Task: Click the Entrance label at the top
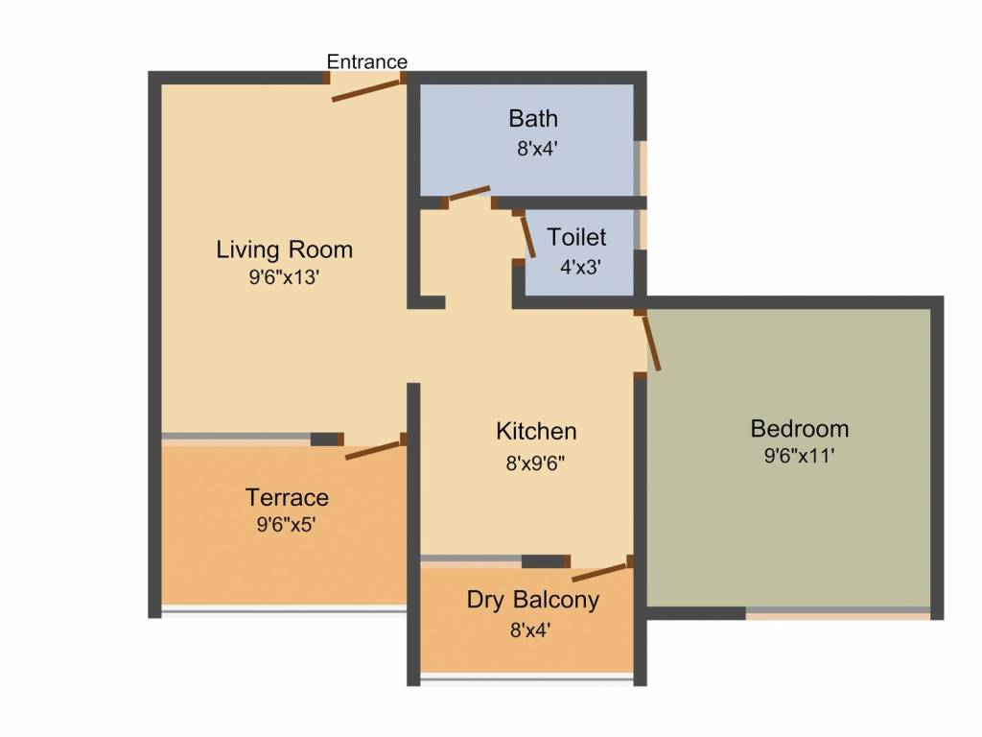[x=366, y=61]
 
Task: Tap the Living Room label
[x=284, y=250]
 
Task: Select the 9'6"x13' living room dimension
[x=284, y=277]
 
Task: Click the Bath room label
[x=532, y=119]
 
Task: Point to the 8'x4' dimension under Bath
[x=532, y=149]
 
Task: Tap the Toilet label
[x=576, y=237]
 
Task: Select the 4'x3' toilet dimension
[x=579, y=267]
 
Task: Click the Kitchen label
[x=536, y=431]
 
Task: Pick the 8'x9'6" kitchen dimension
[x=536, y=463]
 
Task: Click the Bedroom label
[x=799, y=428]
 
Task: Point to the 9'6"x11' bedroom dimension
[x=799, y=457]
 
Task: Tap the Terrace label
[x=287, y=497]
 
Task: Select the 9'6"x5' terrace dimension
[x=287, y=525]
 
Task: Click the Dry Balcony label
[x=532, y=600]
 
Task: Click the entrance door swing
[x=366, y=90]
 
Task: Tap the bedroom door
[x=650, y=342]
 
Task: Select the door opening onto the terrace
[x=374, y=448]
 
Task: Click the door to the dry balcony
[x=601, y=572]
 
